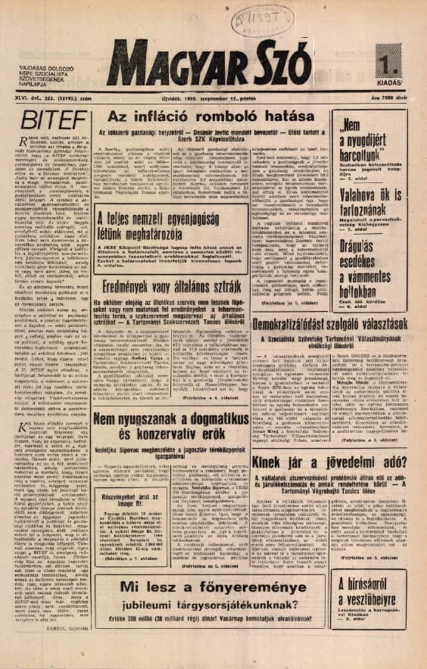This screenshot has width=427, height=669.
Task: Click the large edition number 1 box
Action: pyautogui.click(x=396, y=54)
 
